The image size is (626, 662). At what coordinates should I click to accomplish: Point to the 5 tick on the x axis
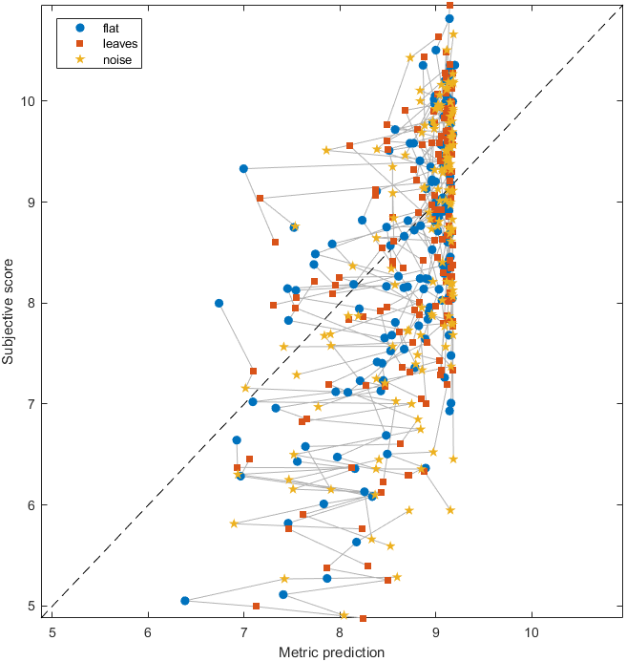click(52, 631)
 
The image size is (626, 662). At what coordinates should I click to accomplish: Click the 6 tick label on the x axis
click(148, 631)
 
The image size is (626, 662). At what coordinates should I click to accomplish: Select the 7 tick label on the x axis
click(244, 631)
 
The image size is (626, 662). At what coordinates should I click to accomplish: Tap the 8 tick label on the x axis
click(340, 631)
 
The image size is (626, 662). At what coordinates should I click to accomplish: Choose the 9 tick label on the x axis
click(436, 631)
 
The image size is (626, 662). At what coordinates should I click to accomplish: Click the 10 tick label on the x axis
click(532, 631)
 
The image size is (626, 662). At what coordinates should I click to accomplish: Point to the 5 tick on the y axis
click(31, 606)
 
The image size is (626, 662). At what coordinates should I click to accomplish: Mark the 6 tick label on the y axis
click(31, 505)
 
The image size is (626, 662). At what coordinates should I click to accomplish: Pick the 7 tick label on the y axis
click(31, 404)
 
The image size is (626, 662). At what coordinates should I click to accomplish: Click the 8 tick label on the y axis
click(31, 303)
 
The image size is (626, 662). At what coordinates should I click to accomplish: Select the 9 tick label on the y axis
click(31, 202)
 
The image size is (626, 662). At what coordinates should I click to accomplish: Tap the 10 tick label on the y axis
click(28, 101)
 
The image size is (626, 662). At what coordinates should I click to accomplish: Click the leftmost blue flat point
click(184, 601)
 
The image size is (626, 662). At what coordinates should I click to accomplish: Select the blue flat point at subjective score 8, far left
click(219, 303)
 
